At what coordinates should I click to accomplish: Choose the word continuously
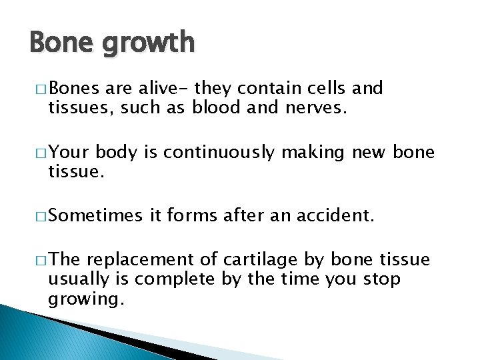(219, 153)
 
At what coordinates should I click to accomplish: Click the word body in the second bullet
(117, 153)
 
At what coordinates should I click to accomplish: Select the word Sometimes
(95, 216)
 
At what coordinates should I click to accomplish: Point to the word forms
(195, 216)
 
